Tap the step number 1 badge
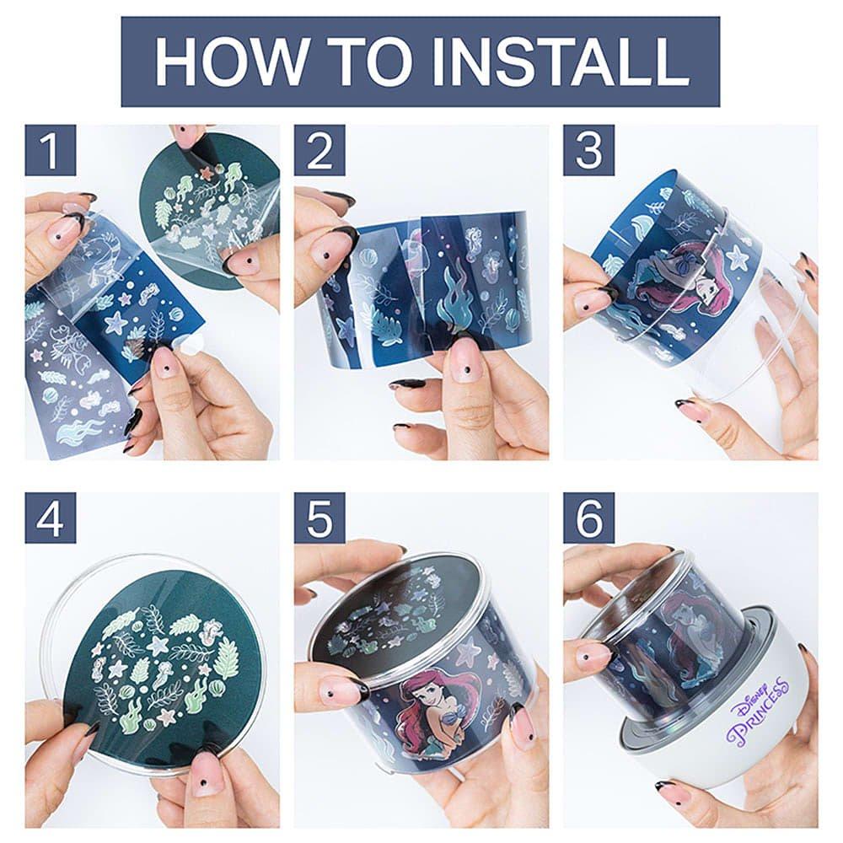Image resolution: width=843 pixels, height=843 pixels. (x=50, y=151)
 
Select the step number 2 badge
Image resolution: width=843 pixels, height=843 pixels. (x=319, y=151)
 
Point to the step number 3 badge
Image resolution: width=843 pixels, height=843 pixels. (x=588, y=151)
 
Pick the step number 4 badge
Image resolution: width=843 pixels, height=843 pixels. (x=50, y=518)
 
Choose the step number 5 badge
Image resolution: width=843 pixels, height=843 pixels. (x=319, y=518)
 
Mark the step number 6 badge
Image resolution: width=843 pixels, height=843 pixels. (x=588, y=518)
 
